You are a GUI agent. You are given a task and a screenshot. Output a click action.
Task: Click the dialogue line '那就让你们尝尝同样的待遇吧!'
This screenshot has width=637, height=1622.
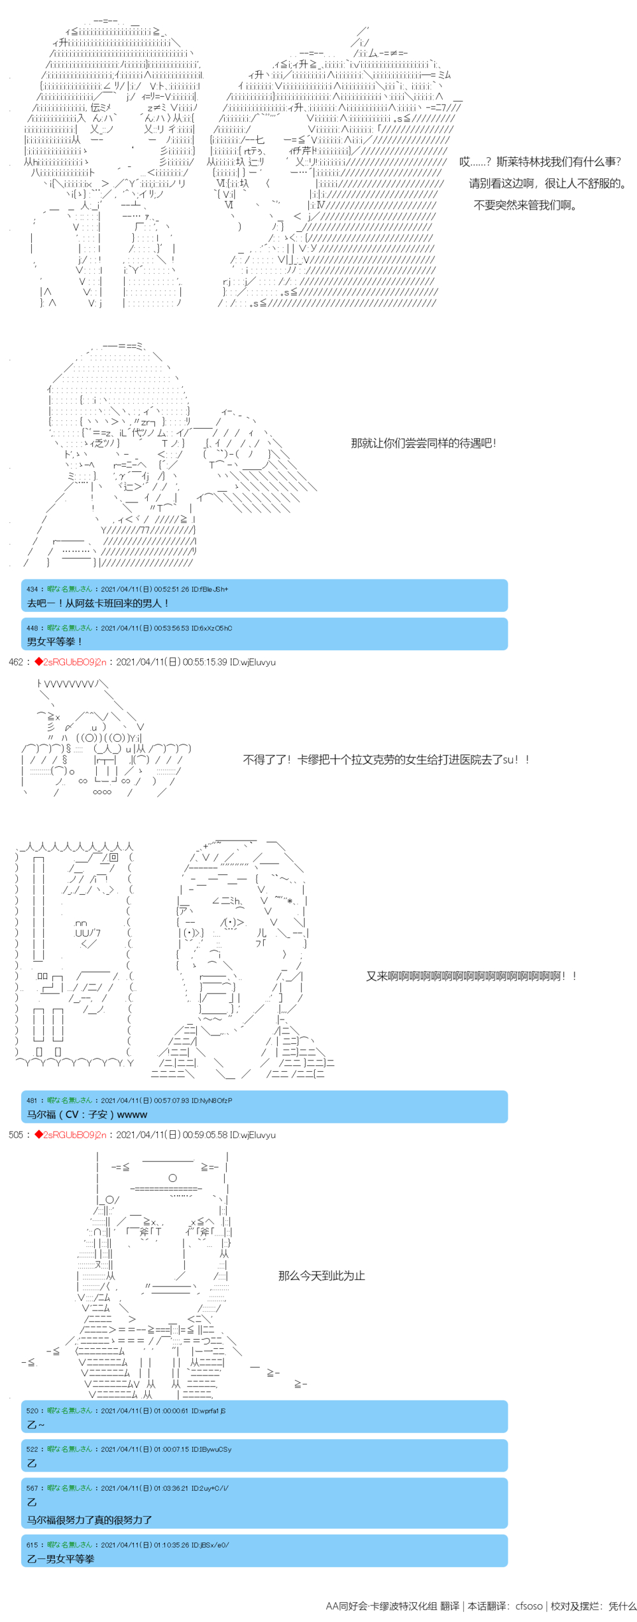coord(423,444)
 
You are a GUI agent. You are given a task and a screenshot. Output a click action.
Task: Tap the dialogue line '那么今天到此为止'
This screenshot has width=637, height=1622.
coord(321,1276)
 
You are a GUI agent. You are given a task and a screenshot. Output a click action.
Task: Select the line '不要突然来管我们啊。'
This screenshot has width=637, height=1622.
coord(525,205)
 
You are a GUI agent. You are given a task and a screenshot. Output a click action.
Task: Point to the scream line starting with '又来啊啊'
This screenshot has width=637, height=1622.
coord(471,976)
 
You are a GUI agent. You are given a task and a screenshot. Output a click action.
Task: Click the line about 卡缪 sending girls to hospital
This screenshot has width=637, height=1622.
coord(386,759)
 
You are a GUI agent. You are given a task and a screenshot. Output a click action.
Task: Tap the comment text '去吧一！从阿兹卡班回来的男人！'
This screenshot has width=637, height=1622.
coord(97,603)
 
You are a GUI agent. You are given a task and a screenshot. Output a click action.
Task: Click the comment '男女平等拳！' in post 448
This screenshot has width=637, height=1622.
coord(55,641)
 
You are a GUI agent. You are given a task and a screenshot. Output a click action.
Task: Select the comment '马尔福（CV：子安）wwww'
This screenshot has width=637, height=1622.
coord(87,1114)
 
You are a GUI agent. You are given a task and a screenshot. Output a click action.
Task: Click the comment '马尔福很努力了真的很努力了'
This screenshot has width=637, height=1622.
coord(89,1519)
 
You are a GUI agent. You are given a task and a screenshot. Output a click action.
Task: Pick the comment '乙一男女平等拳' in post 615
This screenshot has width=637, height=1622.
coord(61,1558)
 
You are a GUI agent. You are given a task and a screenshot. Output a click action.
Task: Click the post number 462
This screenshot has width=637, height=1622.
coord(15,662)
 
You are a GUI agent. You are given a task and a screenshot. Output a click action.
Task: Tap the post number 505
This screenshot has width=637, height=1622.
coord(15,1135)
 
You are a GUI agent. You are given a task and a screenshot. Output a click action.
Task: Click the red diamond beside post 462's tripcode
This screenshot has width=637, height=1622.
coord(39,662)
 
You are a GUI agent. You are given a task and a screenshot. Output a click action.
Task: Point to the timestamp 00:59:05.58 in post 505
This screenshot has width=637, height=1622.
coord(204,1135)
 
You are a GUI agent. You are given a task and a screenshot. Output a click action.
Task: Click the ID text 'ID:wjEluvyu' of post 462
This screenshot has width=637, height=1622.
coord(252,662)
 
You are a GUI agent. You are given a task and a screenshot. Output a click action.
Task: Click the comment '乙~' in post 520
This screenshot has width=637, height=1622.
coord(36,1425)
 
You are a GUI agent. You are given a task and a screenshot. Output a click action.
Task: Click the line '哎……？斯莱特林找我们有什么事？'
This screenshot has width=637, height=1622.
coord(540,162)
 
